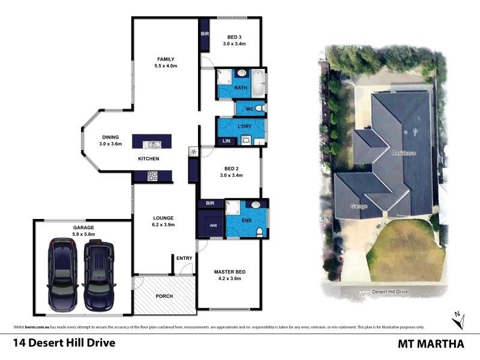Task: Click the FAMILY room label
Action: [166, 59]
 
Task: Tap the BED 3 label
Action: [235, 40]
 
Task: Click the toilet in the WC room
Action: [258, 109]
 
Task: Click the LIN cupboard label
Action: [226, 141]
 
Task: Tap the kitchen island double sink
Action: [152, 144]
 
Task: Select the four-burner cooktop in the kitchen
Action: [152, 176]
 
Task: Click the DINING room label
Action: [110, 137]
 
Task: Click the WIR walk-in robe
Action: [211, 226]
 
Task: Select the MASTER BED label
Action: [229, 272]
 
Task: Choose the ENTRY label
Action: [184, 258]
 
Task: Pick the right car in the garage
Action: [99, 272]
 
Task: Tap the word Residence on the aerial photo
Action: [403, 153]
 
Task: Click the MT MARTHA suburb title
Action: [431, 344]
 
